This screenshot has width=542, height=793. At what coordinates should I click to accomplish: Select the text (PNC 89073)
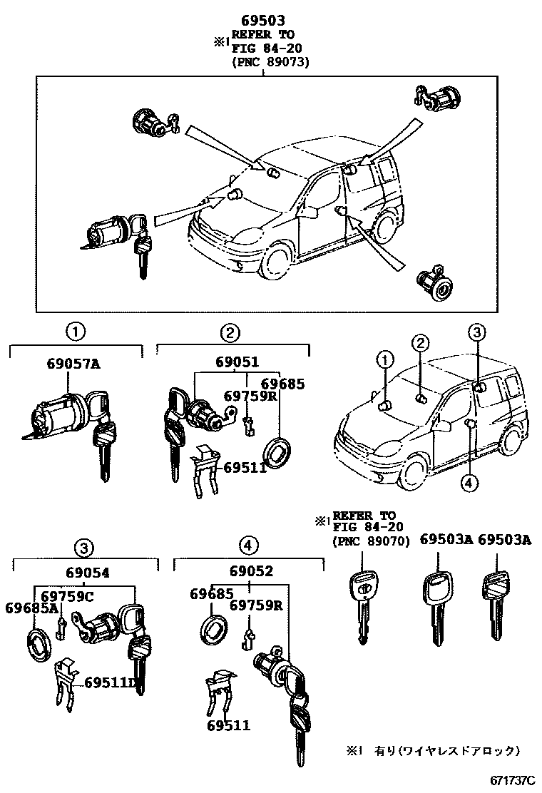tap(271, 62)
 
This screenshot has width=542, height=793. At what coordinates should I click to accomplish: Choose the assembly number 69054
tap(87, 572)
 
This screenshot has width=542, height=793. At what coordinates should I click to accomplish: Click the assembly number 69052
tap(251, 571)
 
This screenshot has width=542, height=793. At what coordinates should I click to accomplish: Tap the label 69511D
tap(111, 682)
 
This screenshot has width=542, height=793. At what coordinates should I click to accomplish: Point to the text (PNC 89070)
tap(370, 541)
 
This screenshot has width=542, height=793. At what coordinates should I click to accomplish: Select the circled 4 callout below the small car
tap(468, 484)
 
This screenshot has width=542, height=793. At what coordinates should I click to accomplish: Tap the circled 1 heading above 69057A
tap(75, 331)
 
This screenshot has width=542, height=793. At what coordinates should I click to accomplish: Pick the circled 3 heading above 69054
tap(84, 548)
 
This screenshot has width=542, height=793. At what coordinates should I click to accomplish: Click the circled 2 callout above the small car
tap(421, 344)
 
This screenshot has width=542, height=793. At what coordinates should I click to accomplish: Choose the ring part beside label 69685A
tap(38, 645)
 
